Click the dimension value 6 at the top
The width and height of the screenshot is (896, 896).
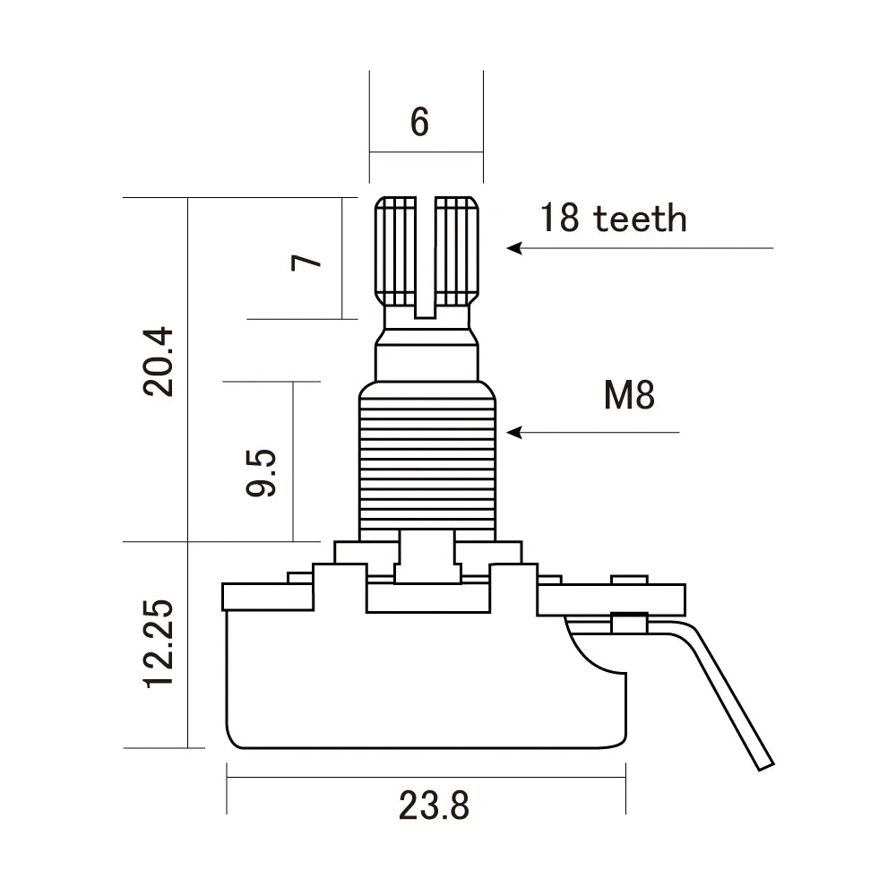[x=419, y=122]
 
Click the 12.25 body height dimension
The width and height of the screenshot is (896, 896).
[x=159, y=644]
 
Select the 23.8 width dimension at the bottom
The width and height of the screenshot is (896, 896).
[x=434, y=806]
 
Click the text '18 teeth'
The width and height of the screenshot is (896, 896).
[x=613, y=218]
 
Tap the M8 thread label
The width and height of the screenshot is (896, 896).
[x=628, y=395]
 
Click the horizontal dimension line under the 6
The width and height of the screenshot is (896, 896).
[x=426, y=152]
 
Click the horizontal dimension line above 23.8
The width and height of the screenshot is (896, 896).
[x=426, y=776]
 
